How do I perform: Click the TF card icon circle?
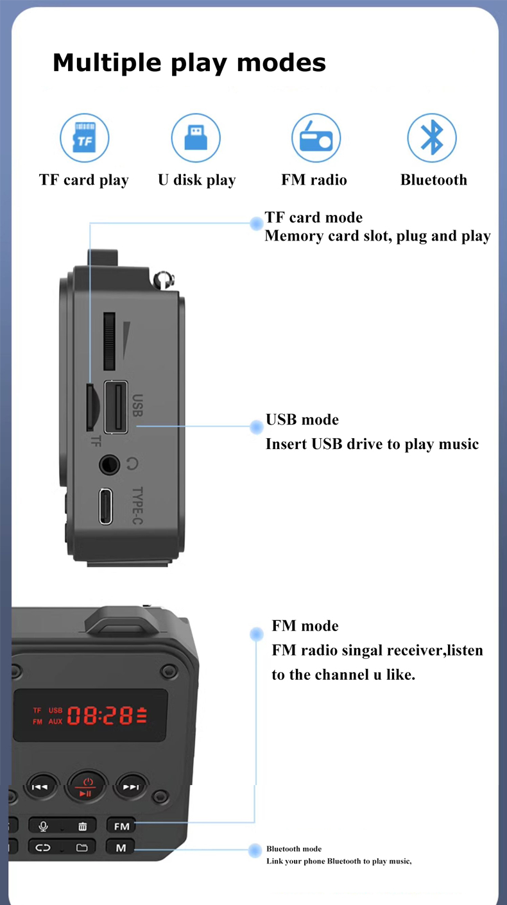click(x=85, y=138)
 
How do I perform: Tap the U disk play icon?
click(x=196, y=138)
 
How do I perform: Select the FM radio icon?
click(x=316, y=138)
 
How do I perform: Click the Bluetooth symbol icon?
click(x=432, y=138)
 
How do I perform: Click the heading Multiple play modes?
click(x=189, y=63)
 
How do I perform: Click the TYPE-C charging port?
click(x=106, y=506)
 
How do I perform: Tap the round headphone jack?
click(x=109, y=464)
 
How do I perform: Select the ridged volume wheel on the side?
click(x=109, y=341)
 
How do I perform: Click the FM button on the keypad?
click(x=121, y=826)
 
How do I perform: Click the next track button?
click(x=130, y=786)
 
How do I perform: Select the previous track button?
click(x=40, y=786)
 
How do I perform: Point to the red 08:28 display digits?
click(x=100, y=716)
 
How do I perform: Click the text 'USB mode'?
click(x=302, y=420)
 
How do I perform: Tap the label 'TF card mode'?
click(x=314, y=217)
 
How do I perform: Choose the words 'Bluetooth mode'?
click(x=294, y=849)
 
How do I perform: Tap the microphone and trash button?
click(x=62, y=826)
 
